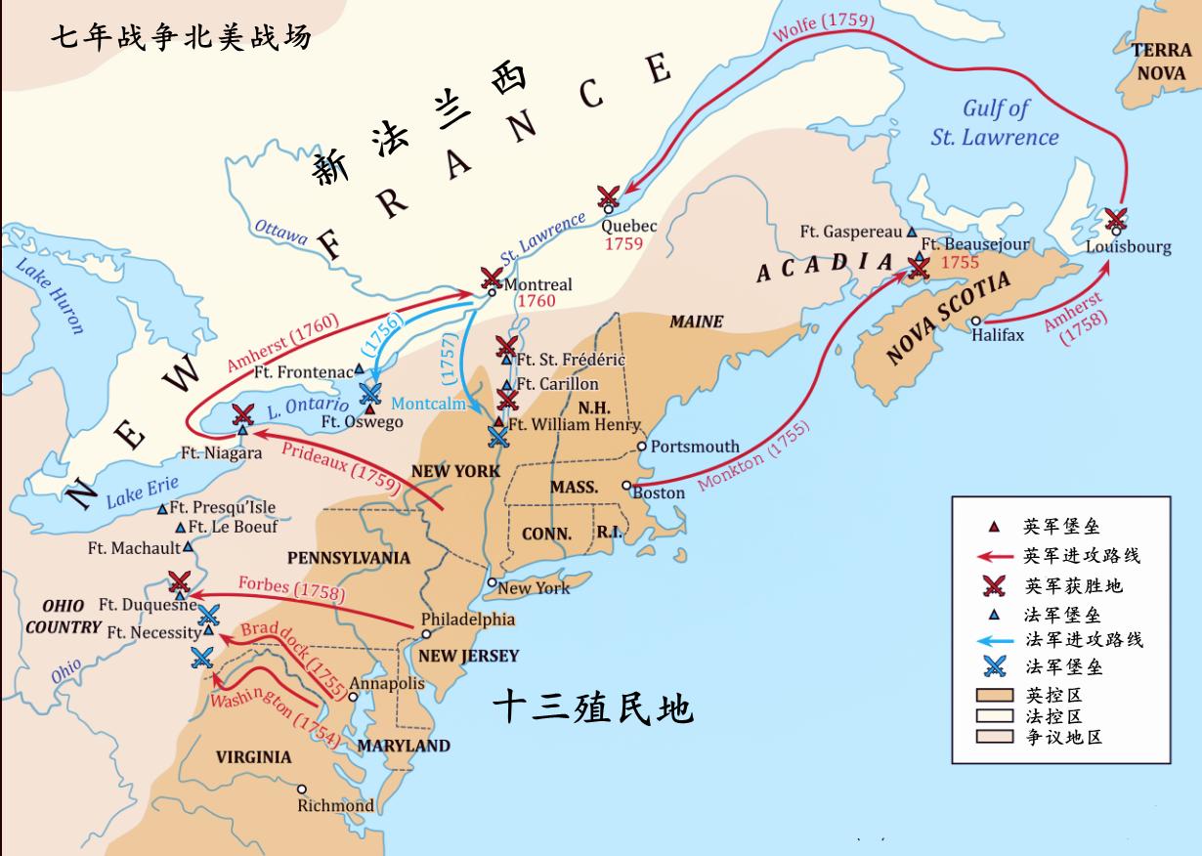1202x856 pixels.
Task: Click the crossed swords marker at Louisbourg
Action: click(1115, 219)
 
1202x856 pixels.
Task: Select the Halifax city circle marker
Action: click(975, 321)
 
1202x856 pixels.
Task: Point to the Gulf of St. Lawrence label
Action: click(994, 123)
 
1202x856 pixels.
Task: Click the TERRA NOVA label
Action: click(1161, 61)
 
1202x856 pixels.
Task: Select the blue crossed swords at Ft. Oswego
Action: click(369, 393)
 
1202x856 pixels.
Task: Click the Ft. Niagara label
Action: click(222, 453)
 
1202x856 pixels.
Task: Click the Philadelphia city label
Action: click(467, 620)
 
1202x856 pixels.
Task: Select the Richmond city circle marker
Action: click(302, 789)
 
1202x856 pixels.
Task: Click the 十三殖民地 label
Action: click(591, 706)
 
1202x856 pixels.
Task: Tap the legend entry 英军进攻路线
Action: click(1082, 555)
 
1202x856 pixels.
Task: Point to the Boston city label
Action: click(659, 492)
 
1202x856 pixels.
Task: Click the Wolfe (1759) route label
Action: click(823, 29)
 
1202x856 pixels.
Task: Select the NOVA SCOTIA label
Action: click(948, 320)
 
